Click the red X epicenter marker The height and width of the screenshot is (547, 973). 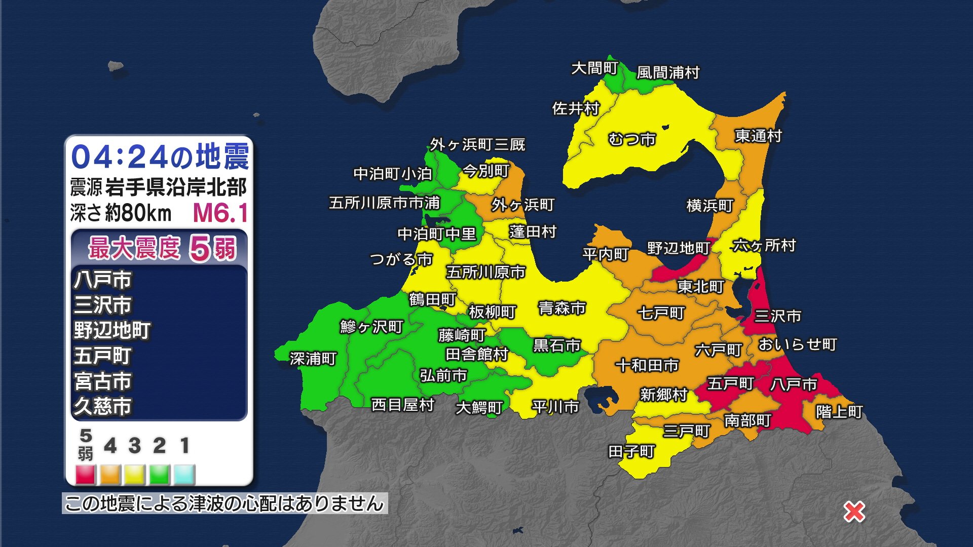tap(854, 512)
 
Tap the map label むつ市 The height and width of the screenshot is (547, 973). tap(631, 139)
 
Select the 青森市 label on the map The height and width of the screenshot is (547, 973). tap(562, 307)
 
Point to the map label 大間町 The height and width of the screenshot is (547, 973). tap(594, 68)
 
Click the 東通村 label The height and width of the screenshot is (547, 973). tap(758, 136)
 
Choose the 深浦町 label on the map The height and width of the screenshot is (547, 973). tap(313, 359)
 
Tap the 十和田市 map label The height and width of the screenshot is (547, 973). tap(647, 365)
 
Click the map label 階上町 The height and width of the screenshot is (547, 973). tap(839, 411)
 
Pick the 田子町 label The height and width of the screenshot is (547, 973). tap(631, 451)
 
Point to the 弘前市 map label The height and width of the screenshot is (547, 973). tap(443, 375)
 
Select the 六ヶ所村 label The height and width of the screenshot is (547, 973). tap(764, 246)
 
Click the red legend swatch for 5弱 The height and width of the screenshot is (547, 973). tap(86, 475)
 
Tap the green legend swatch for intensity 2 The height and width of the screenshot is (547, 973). tap(159, 475)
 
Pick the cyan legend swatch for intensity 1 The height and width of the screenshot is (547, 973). tap(184, 475)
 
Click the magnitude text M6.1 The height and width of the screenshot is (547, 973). tap(220, 213)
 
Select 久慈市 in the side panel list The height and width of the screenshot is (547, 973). tap(103, 406)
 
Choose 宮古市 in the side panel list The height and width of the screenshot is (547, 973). tap(103, 381)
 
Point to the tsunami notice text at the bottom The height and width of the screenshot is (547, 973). tap(224, 503)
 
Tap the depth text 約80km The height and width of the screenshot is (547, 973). tap(138, 213)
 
